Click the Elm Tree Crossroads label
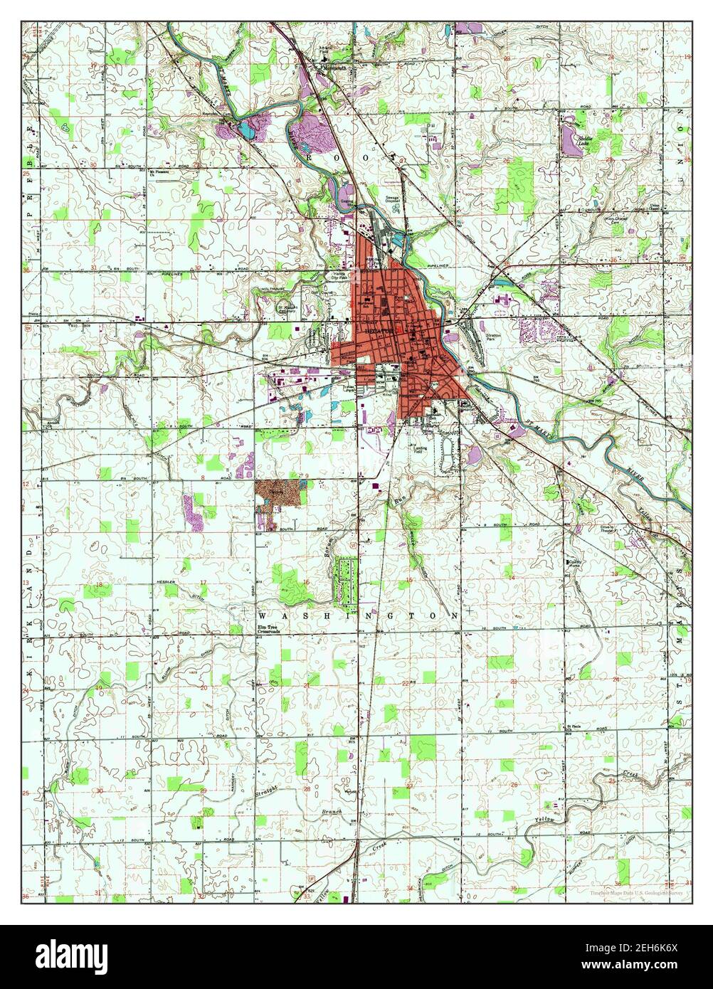tap(268, 628)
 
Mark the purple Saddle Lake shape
tap(572, 142)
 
